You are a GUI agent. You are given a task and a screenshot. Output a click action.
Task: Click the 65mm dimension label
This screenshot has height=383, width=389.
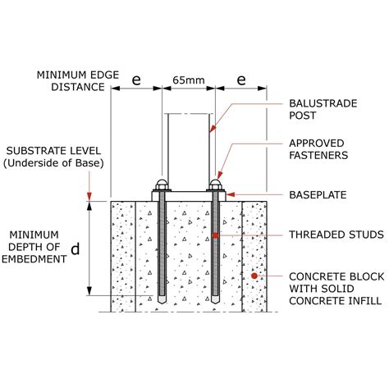click(189, 80)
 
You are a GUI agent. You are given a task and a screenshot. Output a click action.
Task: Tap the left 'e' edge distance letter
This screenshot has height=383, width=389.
click(136, 80)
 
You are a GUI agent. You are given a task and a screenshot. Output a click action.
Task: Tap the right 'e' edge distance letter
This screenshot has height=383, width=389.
click(241, 80)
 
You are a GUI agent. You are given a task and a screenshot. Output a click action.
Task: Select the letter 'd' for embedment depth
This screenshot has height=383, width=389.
click(76, 249)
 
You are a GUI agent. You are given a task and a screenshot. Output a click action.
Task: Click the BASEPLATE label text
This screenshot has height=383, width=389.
click(318, 195)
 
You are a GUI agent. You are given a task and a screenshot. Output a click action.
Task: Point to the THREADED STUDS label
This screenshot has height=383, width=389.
click(336, 235)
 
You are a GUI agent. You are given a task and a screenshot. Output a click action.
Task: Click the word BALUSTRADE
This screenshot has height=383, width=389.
click(323, 103)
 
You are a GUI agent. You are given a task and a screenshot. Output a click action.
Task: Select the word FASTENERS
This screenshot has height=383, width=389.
click(318, 155)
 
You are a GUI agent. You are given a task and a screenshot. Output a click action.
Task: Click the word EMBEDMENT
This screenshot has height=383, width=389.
click(34, 259)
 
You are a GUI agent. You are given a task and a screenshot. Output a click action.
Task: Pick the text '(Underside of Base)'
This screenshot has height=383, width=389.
click(53, 163)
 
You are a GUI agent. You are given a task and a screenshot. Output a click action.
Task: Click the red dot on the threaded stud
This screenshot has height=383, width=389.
click(215, 235)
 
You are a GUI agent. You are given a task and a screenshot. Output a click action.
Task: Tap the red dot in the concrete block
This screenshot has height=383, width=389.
click(254, 276)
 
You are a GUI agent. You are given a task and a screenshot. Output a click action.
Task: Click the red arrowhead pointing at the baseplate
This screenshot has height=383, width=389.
click(231, 194)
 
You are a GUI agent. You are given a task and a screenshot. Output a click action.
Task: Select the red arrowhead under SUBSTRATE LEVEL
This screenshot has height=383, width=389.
click(89, 197)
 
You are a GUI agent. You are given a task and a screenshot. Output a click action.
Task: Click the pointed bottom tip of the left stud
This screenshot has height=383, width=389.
click(162, 303)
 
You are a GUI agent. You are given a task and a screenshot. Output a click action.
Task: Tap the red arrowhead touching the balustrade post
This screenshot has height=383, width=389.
click(213, 128)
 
